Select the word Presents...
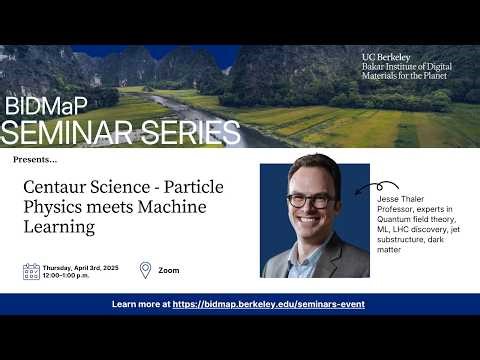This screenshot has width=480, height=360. (x=35, y=159)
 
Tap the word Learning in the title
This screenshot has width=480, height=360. (x=59, y=227)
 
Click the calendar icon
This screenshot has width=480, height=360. (x=31, y=270)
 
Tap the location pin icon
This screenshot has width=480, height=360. (x=145, y=270)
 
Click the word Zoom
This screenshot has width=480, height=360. (x=169, y=270)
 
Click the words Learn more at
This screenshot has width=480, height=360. (x=141, y=304)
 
